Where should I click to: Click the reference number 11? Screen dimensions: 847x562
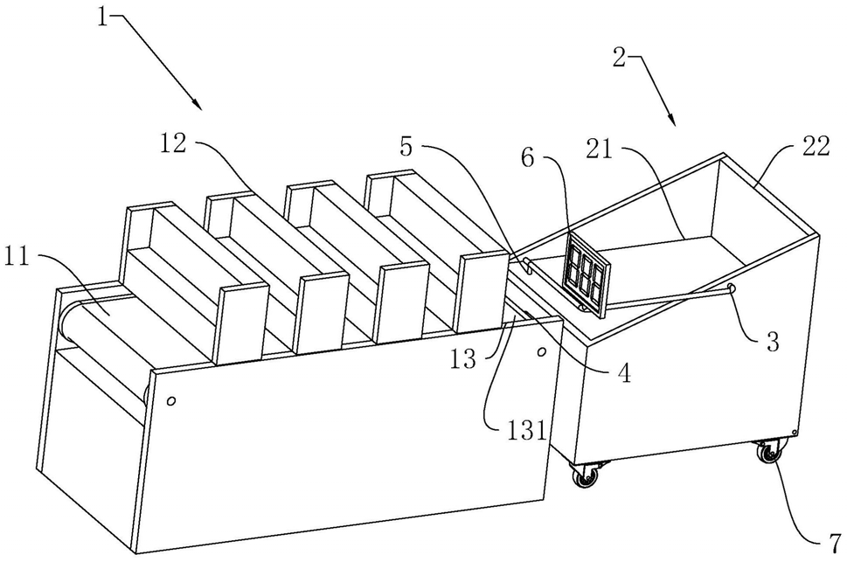(x=17, y=259)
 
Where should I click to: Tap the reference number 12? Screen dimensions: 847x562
(x=173, y=142)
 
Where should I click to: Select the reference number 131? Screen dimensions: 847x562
(x=525, y=431)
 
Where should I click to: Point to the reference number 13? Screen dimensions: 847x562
(x=464, y=359)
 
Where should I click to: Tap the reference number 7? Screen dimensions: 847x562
(x=835, y=541)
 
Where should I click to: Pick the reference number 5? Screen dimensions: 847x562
(x=406, y=146)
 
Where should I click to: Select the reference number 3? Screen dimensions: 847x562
(x=773, y=342)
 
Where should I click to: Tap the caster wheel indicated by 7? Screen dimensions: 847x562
(x=768, y=452)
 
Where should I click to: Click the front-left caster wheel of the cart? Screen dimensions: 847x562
(x=586, y=475)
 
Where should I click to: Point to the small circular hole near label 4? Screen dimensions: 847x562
(x=541, y=352)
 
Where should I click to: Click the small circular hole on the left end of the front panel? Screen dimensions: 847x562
(x=171, y=401)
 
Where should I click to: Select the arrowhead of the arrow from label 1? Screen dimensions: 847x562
(x=197, y=103)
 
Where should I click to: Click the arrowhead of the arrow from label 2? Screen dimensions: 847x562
(x=671, y=119)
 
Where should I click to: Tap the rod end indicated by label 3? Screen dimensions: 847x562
(x=731, y=287)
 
